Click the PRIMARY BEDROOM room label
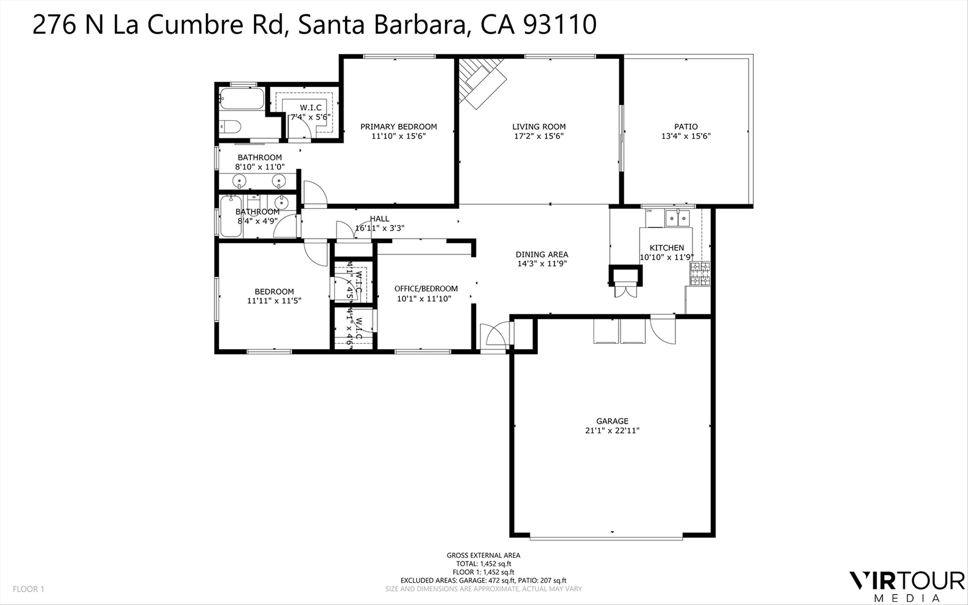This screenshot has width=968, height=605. pos(398,126)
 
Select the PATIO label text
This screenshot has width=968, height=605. pos(686,126)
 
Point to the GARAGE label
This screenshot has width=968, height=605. pos(612,421)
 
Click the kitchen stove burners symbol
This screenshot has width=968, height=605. pos(700,274)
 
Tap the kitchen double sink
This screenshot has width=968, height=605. pos(677,218)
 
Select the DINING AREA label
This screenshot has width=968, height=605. pos(542,254)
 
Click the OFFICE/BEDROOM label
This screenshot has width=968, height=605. pos(426,288)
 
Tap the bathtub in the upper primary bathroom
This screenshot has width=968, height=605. pos(242,98)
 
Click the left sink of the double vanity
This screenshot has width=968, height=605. pos(239,181)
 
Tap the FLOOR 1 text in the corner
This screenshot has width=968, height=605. pos(28,589)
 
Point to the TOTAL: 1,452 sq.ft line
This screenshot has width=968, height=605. pos(483,564)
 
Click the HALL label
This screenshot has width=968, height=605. pos(379,218)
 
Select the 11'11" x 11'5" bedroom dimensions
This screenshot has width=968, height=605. pos(274,300)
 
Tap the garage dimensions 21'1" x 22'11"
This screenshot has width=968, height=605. pos(612,430)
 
